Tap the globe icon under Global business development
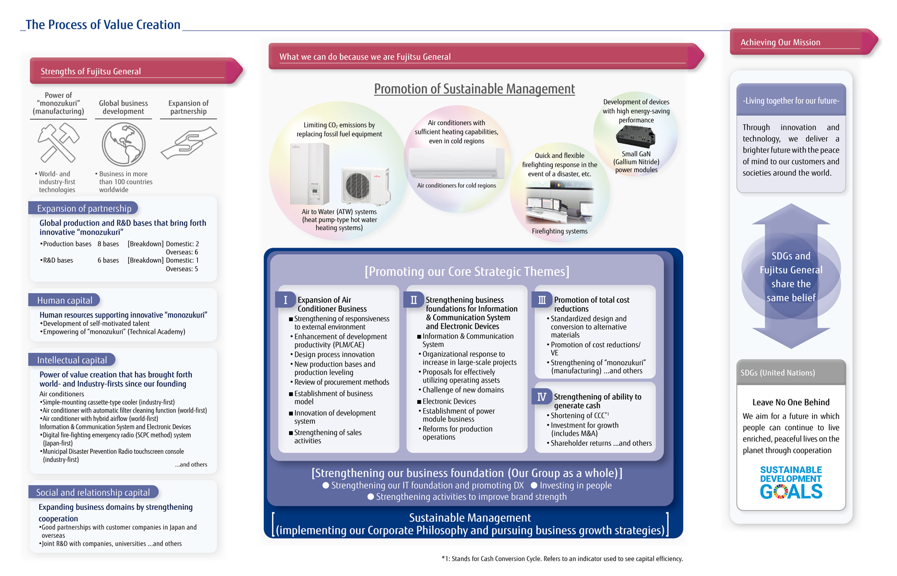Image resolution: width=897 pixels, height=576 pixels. point(123,144)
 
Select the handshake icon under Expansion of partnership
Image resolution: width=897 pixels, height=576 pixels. point(188,143)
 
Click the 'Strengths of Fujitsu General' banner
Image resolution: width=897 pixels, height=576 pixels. point(136,71)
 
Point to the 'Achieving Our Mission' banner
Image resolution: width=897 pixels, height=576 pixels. point(803,42)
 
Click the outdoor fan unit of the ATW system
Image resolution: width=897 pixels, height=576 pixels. point(365,186)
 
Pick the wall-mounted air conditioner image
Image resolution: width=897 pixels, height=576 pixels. point(457,163)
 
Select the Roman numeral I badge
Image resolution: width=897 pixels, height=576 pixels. point(286,300)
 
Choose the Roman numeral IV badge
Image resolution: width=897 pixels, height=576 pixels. point(542,397)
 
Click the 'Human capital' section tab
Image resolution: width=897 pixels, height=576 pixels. point(64,300)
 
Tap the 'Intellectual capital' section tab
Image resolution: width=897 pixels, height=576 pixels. point(72,360)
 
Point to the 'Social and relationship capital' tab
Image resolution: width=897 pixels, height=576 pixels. point(93,492)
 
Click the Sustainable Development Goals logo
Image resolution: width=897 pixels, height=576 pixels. point(791,482)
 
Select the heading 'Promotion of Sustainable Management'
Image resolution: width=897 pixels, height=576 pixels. point(474,89)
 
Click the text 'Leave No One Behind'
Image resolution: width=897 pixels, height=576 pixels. point(791,402)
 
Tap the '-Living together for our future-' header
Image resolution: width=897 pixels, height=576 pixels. point(791,100)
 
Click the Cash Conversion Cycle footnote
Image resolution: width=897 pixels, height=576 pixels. point(562,559)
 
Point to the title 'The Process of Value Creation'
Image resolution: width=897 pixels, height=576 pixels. point(103,25)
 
